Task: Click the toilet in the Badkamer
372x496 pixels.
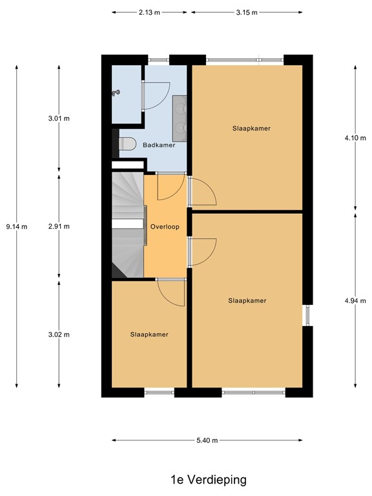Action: pyautogui.click(x=127, y=143)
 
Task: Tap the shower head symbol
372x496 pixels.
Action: pyautogui.click(x=116, y=93)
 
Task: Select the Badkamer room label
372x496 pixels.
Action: pyautogui.click(x=159, y=145)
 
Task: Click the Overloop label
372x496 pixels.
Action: pyautogui.click(x=165, y=227)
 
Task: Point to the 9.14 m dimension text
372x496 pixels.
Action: pyautogui.click(x=17, y=227)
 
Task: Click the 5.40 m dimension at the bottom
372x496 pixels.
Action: pyautogui.click(x=207, y=440)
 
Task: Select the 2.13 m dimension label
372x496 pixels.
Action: pyautogui.click(x=149, y=13)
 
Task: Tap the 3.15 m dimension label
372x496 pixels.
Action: pyautogui.click(x=247, y=13)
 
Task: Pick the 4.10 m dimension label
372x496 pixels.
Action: pyautogui.click(x=355, y=138)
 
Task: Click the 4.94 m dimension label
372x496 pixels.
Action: pyautogui.click(x=355, y=301)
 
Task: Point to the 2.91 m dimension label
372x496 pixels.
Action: pyautogui.click(x=59, y=227)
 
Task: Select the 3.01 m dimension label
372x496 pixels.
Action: pyautogui.click(x=59, y=119)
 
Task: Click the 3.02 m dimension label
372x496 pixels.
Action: pyautogui.click(x=59, y=335)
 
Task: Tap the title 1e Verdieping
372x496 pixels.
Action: pyautogui.click(x=209, y=480)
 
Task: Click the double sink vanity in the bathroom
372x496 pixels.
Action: pyautogui.click(x=180, y=118)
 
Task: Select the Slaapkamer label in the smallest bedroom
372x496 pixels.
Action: pyautogui.click(x=149, y=335)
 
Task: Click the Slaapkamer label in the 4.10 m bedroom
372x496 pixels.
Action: pyautogui.click(x=251, y=129)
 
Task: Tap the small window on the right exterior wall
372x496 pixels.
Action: pyautogui.click(x=307, y=315)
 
